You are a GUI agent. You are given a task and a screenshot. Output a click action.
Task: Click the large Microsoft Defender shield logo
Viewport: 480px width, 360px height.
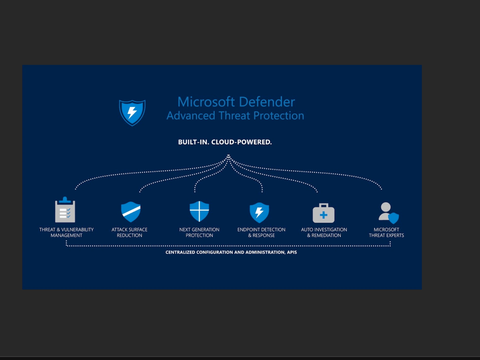coord(132,112)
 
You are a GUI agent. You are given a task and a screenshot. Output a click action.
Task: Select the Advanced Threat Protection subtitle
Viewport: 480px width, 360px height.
coord(235,116)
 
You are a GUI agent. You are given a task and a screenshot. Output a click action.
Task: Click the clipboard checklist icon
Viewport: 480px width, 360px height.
coord(65,210)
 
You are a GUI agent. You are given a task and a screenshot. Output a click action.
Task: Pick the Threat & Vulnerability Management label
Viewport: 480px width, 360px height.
coord(66,232)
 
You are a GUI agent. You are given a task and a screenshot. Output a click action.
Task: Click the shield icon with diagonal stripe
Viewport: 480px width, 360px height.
coord(130,211)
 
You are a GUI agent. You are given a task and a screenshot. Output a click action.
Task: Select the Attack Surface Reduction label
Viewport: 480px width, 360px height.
coord(130,232)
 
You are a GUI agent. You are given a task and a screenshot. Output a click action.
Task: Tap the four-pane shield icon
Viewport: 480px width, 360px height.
coord(199,211)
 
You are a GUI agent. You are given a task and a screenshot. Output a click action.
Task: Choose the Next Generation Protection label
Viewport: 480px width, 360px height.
coord(199,232)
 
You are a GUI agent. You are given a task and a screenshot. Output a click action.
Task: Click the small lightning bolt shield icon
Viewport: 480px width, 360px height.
coord(259,212)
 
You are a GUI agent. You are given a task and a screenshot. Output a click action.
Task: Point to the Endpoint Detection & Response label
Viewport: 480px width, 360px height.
coord(261,232)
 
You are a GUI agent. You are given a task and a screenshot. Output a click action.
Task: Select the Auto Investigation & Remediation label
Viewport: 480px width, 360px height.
coord(324,232)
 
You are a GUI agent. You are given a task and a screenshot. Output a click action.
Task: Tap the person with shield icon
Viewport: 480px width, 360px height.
coord(388,213)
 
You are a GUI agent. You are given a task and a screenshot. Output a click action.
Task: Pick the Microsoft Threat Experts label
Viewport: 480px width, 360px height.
coord(386,232)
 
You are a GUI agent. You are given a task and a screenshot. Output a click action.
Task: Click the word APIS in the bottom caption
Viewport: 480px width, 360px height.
coord(291,252)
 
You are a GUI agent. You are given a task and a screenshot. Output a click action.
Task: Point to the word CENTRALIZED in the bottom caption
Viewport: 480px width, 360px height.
coord(180,252)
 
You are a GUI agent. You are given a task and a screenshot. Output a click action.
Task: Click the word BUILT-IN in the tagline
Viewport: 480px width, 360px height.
coord(193,142)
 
